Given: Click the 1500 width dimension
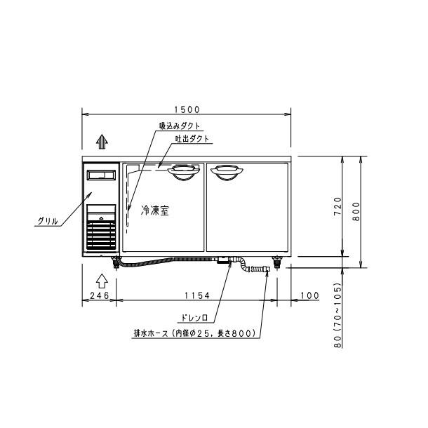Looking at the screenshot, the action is [x=187, y=109].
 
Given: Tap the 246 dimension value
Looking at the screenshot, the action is [x=100, y=295].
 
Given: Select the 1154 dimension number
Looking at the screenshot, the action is [x=197, y=295].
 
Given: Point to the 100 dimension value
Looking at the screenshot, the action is [x=309, y=295].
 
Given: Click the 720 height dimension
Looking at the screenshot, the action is [x=337, y=206].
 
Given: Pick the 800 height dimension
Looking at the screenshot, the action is [x=356, y=211].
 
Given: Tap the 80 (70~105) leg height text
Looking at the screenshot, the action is [x=337, y=315].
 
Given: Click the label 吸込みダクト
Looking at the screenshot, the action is [x=180, y=126].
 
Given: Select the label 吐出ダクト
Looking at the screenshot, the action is [x=192, y=139].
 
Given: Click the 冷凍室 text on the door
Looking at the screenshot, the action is [x=155, y=210].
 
